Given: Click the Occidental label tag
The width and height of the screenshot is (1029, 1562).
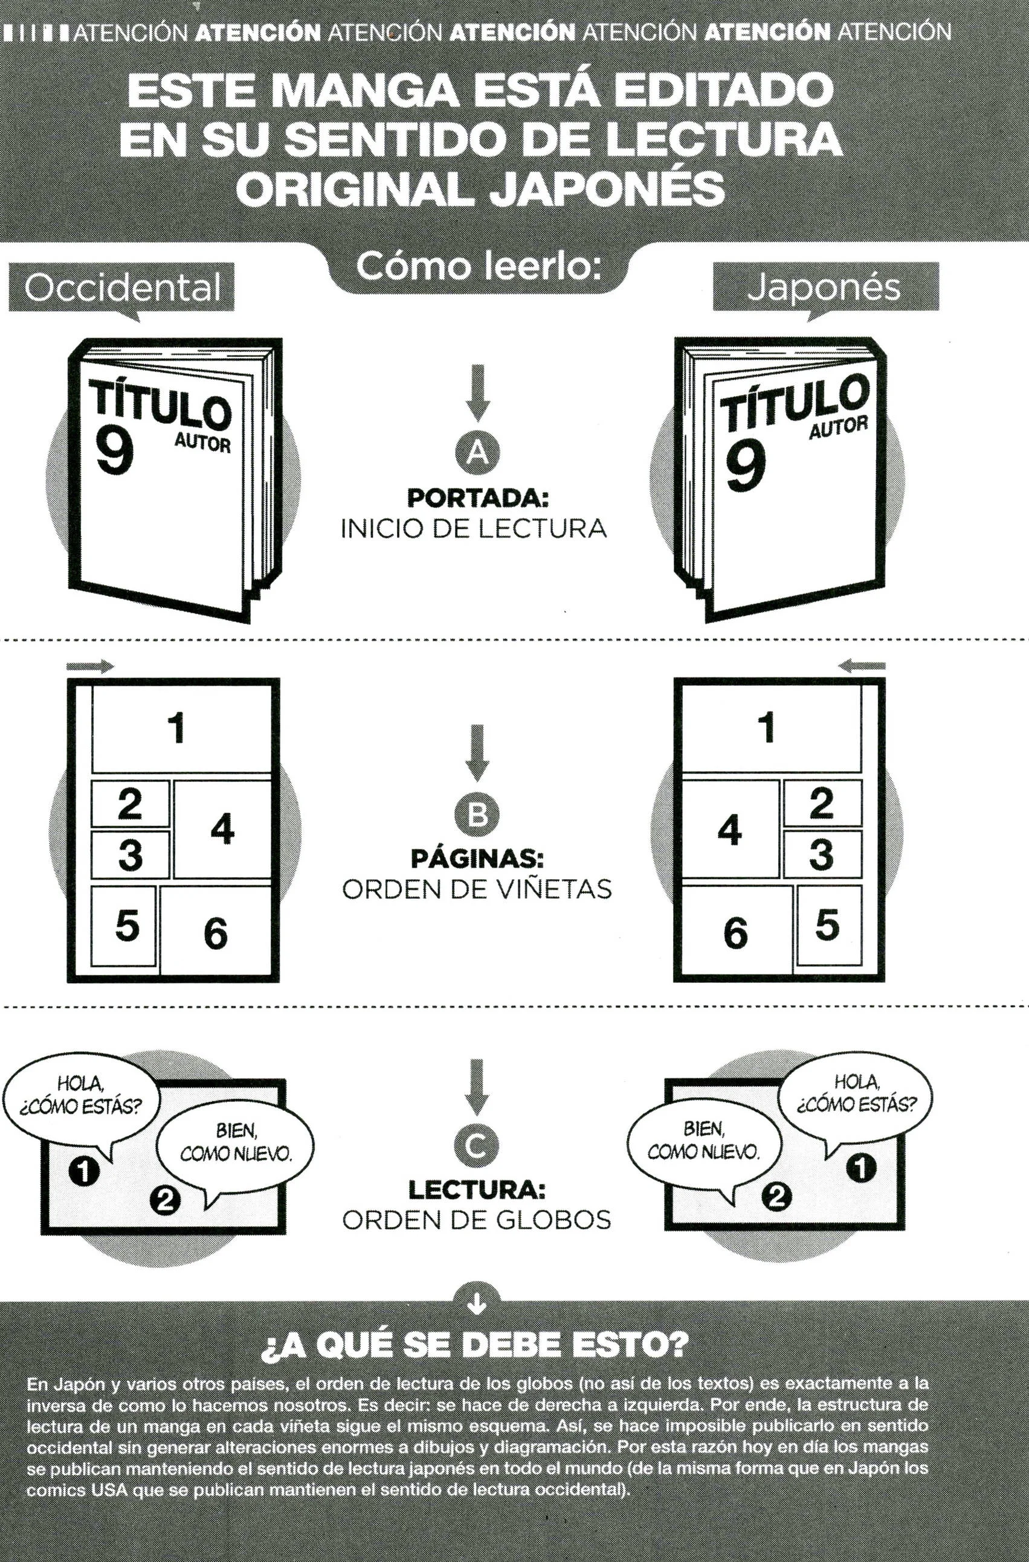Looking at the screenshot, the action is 121,287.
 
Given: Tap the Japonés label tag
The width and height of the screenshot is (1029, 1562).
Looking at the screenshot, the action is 825,287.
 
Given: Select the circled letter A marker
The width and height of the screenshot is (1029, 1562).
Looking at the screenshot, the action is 477,453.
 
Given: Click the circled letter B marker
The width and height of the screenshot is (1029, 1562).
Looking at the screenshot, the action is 477,814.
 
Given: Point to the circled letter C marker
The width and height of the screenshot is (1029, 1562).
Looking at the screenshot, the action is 477,1146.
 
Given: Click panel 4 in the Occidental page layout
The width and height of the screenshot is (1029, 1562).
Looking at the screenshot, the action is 222,829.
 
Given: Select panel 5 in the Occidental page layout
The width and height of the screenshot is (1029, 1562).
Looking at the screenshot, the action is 124,926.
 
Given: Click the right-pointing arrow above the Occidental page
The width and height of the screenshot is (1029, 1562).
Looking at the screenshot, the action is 90,666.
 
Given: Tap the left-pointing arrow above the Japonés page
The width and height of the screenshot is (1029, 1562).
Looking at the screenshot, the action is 862,666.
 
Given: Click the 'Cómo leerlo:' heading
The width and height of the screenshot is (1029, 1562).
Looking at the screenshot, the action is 479,266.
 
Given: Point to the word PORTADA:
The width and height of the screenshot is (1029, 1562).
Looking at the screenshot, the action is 477,498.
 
